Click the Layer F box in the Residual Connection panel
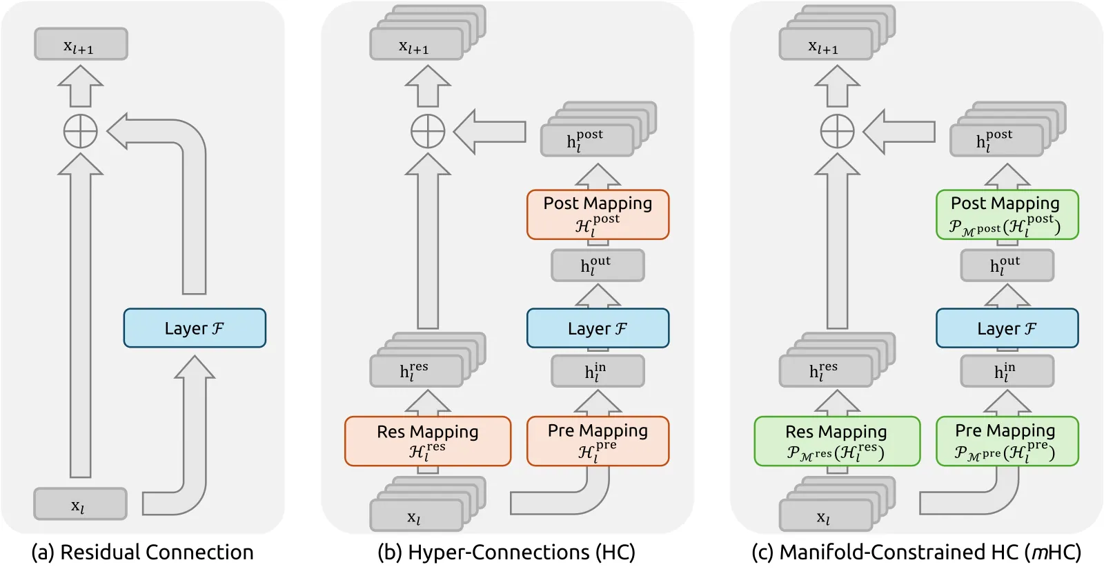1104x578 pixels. pos(195,328)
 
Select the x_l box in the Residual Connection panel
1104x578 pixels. pos(80,504)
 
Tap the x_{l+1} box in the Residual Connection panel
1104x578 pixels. pos(81,44)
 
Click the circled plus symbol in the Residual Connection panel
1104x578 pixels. pos(80,132)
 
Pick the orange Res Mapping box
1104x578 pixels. pos(428,441)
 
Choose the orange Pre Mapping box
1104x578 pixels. pos(598,441)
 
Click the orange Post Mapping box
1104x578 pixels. pos(598,215)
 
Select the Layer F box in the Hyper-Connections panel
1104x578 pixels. pos(598,328)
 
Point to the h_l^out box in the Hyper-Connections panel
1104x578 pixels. pos(598,266)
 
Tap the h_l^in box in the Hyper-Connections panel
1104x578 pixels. pos(598,371)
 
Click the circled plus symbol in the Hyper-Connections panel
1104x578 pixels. pos(428,132)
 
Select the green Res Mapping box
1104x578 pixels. pos(837,441)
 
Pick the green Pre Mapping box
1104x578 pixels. pos(1007,441)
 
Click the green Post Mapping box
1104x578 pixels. pos(1007,215)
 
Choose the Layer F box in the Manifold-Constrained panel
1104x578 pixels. pos(1007,328)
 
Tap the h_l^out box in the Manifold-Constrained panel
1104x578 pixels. pos(1007,266)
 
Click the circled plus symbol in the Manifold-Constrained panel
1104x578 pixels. pos(838,132)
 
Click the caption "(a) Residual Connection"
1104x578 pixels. pos(142,552)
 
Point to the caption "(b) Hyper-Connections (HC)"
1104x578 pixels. pos(506,552)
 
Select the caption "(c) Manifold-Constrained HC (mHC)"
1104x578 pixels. pos(917,552)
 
